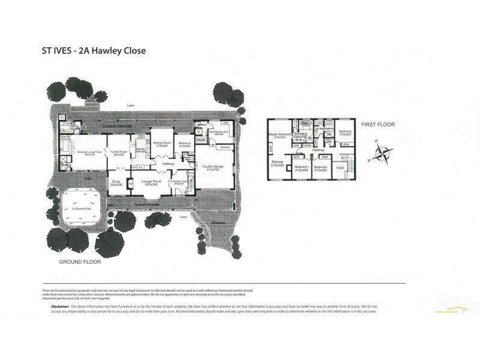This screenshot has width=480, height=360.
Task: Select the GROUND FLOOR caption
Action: (x=79, y=262)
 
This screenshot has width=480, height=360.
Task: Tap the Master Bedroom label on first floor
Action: (x=279, y=136)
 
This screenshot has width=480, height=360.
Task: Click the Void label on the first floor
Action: (x=340, y=169)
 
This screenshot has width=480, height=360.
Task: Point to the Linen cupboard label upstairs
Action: (x=307, y=145)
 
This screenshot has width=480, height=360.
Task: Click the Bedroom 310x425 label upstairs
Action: (x=344, y=133)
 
